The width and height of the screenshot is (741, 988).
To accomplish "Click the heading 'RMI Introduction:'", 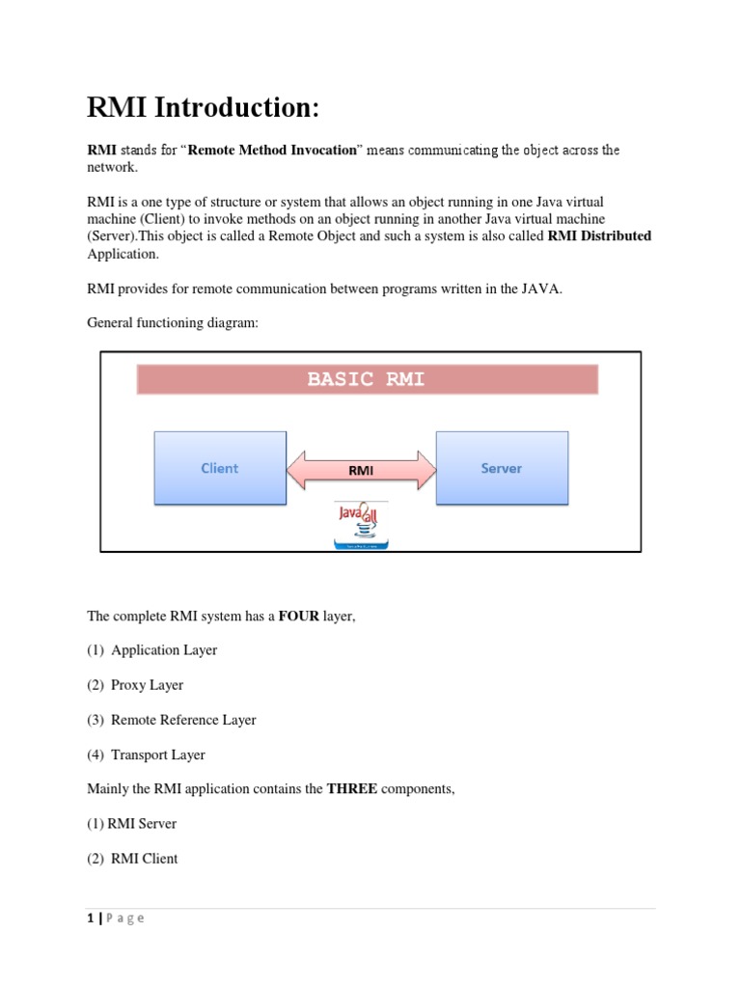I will click(x=203, y=108).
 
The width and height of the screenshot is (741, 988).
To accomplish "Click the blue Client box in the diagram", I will click(x=220, y=468).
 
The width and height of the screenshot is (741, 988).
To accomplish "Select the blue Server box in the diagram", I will click(x=502, y=468).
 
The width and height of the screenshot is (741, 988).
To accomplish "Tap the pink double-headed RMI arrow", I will click(x=361, y=470).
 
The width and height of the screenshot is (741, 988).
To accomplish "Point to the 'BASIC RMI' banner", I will click(x=367, y=379).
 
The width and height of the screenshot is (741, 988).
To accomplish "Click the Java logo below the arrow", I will click(x=361, y=525).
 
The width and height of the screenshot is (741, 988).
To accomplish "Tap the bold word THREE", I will click(x=351, y=789).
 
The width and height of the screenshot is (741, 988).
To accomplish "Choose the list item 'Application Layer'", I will click(x=164, y=650).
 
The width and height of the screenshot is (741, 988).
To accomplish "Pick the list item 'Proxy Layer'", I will click(x=147, y=685).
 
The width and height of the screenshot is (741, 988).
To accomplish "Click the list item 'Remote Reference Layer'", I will click(x=183, y=720).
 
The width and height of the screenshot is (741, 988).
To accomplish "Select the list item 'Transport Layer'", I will click(x=158, y=755).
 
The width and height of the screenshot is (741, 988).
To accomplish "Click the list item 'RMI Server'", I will click(x=142, y=824).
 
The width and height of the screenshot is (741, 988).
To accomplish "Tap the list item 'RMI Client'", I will click(x=145, y=859).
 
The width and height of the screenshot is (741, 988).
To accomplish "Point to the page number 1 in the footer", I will click(x=91, y=919).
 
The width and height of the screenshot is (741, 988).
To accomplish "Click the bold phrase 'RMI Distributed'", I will click(x=599, y=236).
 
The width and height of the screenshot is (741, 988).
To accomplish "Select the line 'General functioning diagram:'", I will click(x=173, y=323).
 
